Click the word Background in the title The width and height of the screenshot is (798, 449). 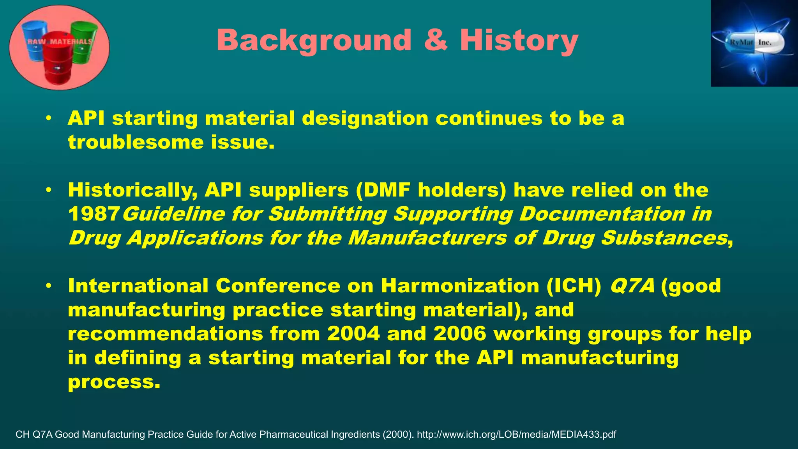[x=314, y=41]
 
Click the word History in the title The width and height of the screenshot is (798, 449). [x=519, y=41]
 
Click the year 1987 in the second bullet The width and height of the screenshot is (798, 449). [x=94, y=214]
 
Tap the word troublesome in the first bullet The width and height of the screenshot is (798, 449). [x=136, y=142]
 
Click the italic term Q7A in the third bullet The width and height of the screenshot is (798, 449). [x=632, y=286]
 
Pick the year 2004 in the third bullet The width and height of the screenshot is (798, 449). [x=353, y=334]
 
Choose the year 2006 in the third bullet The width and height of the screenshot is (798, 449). [x=460, y=334]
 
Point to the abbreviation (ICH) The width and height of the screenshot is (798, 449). [x=574, y=286]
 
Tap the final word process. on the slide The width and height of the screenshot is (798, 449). [x=114, y=382]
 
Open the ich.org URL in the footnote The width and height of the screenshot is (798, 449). [x=516, y=435]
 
